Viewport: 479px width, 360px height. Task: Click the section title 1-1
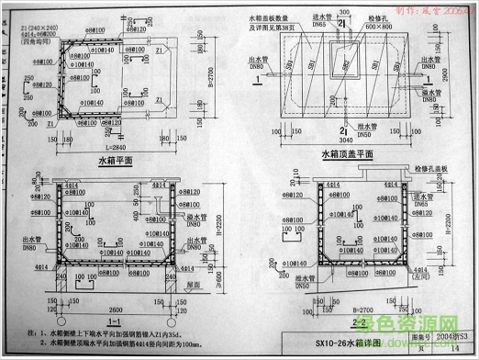(116, 324)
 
